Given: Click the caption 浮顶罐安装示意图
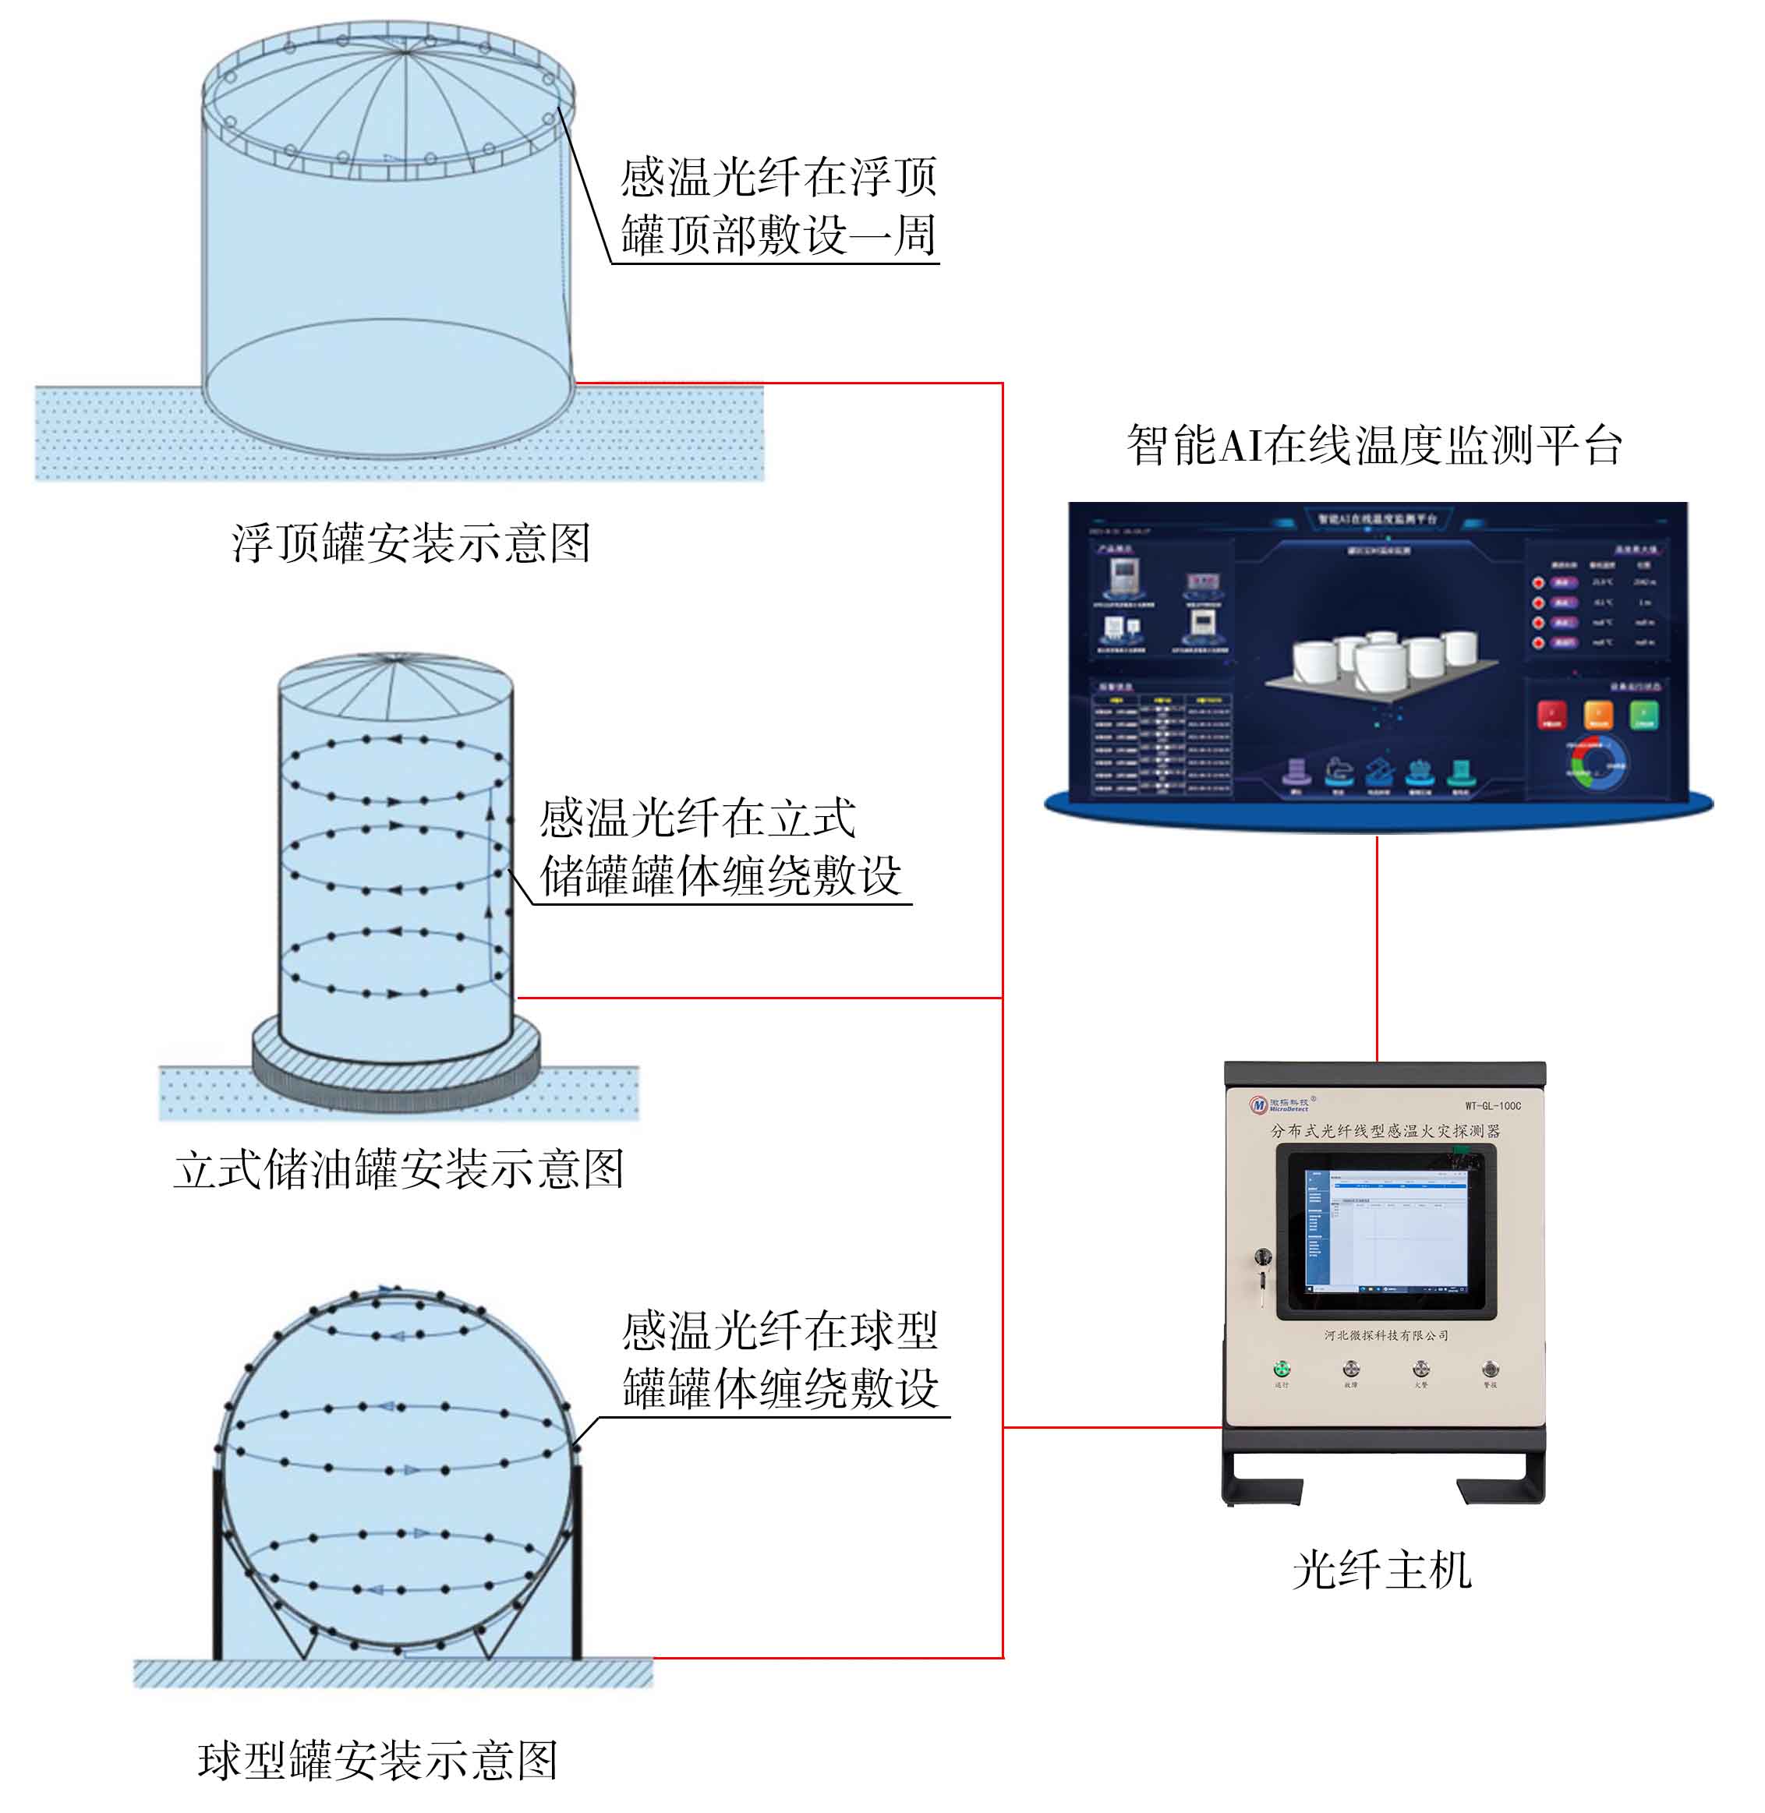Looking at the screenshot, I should pos(411,542).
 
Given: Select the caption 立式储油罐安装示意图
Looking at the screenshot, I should pos(398,1169).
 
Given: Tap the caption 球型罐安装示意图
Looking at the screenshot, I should pos(378,1760).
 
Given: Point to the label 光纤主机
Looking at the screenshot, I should pos(1381,1570).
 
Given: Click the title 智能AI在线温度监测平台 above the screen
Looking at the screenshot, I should pos(1374,445).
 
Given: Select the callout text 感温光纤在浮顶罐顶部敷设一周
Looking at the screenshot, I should pos(779,206).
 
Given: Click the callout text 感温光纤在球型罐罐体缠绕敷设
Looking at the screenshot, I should pos(780,1359).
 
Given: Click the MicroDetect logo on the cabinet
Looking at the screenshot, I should pos(1279,1104).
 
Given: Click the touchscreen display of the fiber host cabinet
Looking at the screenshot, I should pos(1386,1230).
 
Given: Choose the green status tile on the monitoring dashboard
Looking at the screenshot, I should pos(1643,715).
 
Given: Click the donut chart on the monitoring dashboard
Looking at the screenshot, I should pos(1597,762).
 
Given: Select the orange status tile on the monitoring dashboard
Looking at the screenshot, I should pos(1598,715).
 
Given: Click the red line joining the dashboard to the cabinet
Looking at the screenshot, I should pos(1377,945).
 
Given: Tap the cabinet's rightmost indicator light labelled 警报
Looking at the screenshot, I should pos(1490,1369).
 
